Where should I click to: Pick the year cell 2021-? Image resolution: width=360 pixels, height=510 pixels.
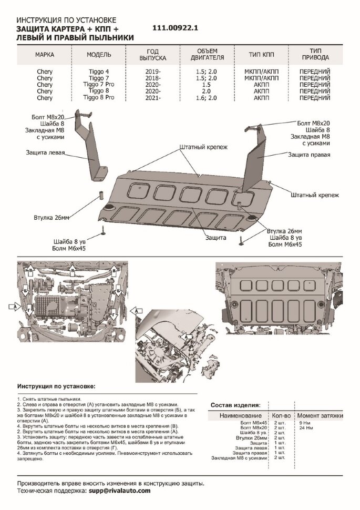pos(152,97)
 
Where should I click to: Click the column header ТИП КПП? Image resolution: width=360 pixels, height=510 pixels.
pos(262,55)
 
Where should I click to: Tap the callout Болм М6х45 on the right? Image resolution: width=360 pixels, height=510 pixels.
pos(285,244)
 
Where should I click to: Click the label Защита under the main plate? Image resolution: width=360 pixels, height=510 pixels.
pos(216,238)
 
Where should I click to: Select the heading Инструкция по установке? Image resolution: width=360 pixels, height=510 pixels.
pos(57,386)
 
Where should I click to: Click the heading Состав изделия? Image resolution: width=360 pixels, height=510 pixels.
pos(235,405)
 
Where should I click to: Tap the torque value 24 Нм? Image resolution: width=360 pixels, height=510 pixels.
pos(306,428)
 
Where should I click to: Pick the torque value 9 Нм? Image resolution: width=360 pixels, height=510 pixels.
pos(305,423)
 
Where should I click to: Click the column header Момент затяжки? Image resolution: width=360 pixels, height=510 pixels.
pos(321,415)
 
